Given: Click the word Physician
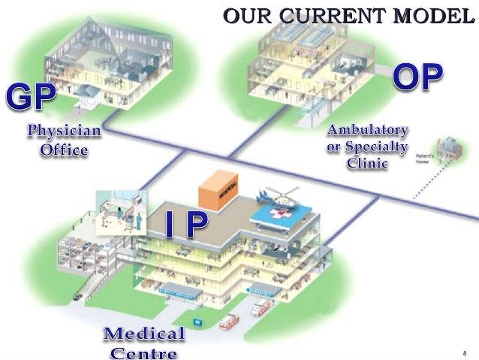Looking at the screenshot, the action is click(x=64, y=132).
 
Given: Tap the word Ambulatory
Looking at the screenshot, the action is click(x=368, y=129).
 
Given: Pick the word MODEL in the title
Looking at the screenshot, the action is click(x=433, y=14).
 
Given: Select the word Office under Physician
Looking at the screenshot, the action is click(x=64, y=150).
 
